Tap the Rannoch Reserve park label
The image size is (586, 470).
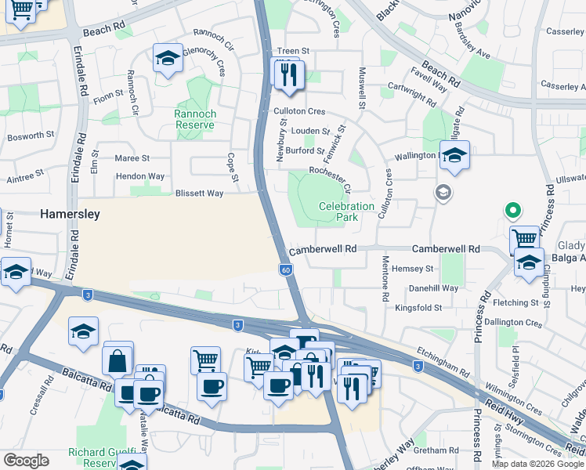195,119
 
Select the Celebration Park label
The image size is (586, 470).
346,211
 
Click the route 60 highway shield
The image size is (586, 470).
287,269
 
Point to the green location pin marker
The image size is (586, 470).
512,211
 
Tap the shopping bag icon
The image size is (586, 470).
117,361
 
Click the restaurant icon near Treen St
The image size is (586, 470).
290,74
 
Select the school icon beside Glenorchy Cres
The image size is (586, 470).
168,58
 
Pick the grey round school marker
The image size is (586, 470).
443,193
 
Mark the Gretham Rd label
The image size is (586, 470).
436,450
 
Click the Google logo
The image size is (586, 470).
26,461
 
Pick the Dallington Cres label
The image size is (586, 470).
513,323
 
